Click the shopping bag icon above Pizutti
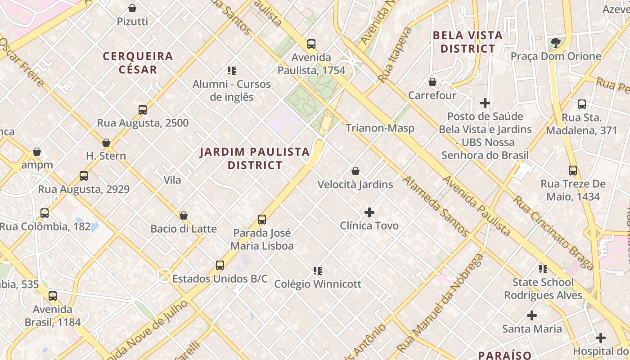pos(132,8)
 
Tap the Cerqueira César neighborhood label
pos(138,63)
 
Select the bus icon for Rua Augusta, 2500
pos(143,110)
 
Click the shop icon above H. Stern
pos(106,143)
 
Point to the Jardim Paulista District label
pos(255,158)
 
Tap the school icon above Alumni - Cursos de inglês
pos(232,70)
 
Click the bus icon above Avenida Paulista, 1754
pos(311,44)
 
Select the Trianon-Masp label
pos(380,128)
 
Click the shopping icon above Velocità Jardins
pos(355,171)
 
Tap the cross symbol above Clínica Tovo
pos(369,212)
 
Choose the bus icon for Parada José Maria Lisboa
pos(262,220)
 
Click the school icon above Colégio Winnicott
pos(318,270)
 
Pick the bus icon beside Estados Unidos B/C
pos(220,265)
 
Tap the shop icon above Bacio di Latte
pos(184,216)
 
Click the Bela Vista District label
pos(468,42)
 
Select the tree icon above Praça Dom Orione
pos(556,43)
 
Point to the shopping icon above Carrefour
pos(432,82)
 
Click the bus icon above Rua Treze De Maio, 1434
pos(573,171)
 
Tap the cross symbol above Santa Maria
pos(532,315)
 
